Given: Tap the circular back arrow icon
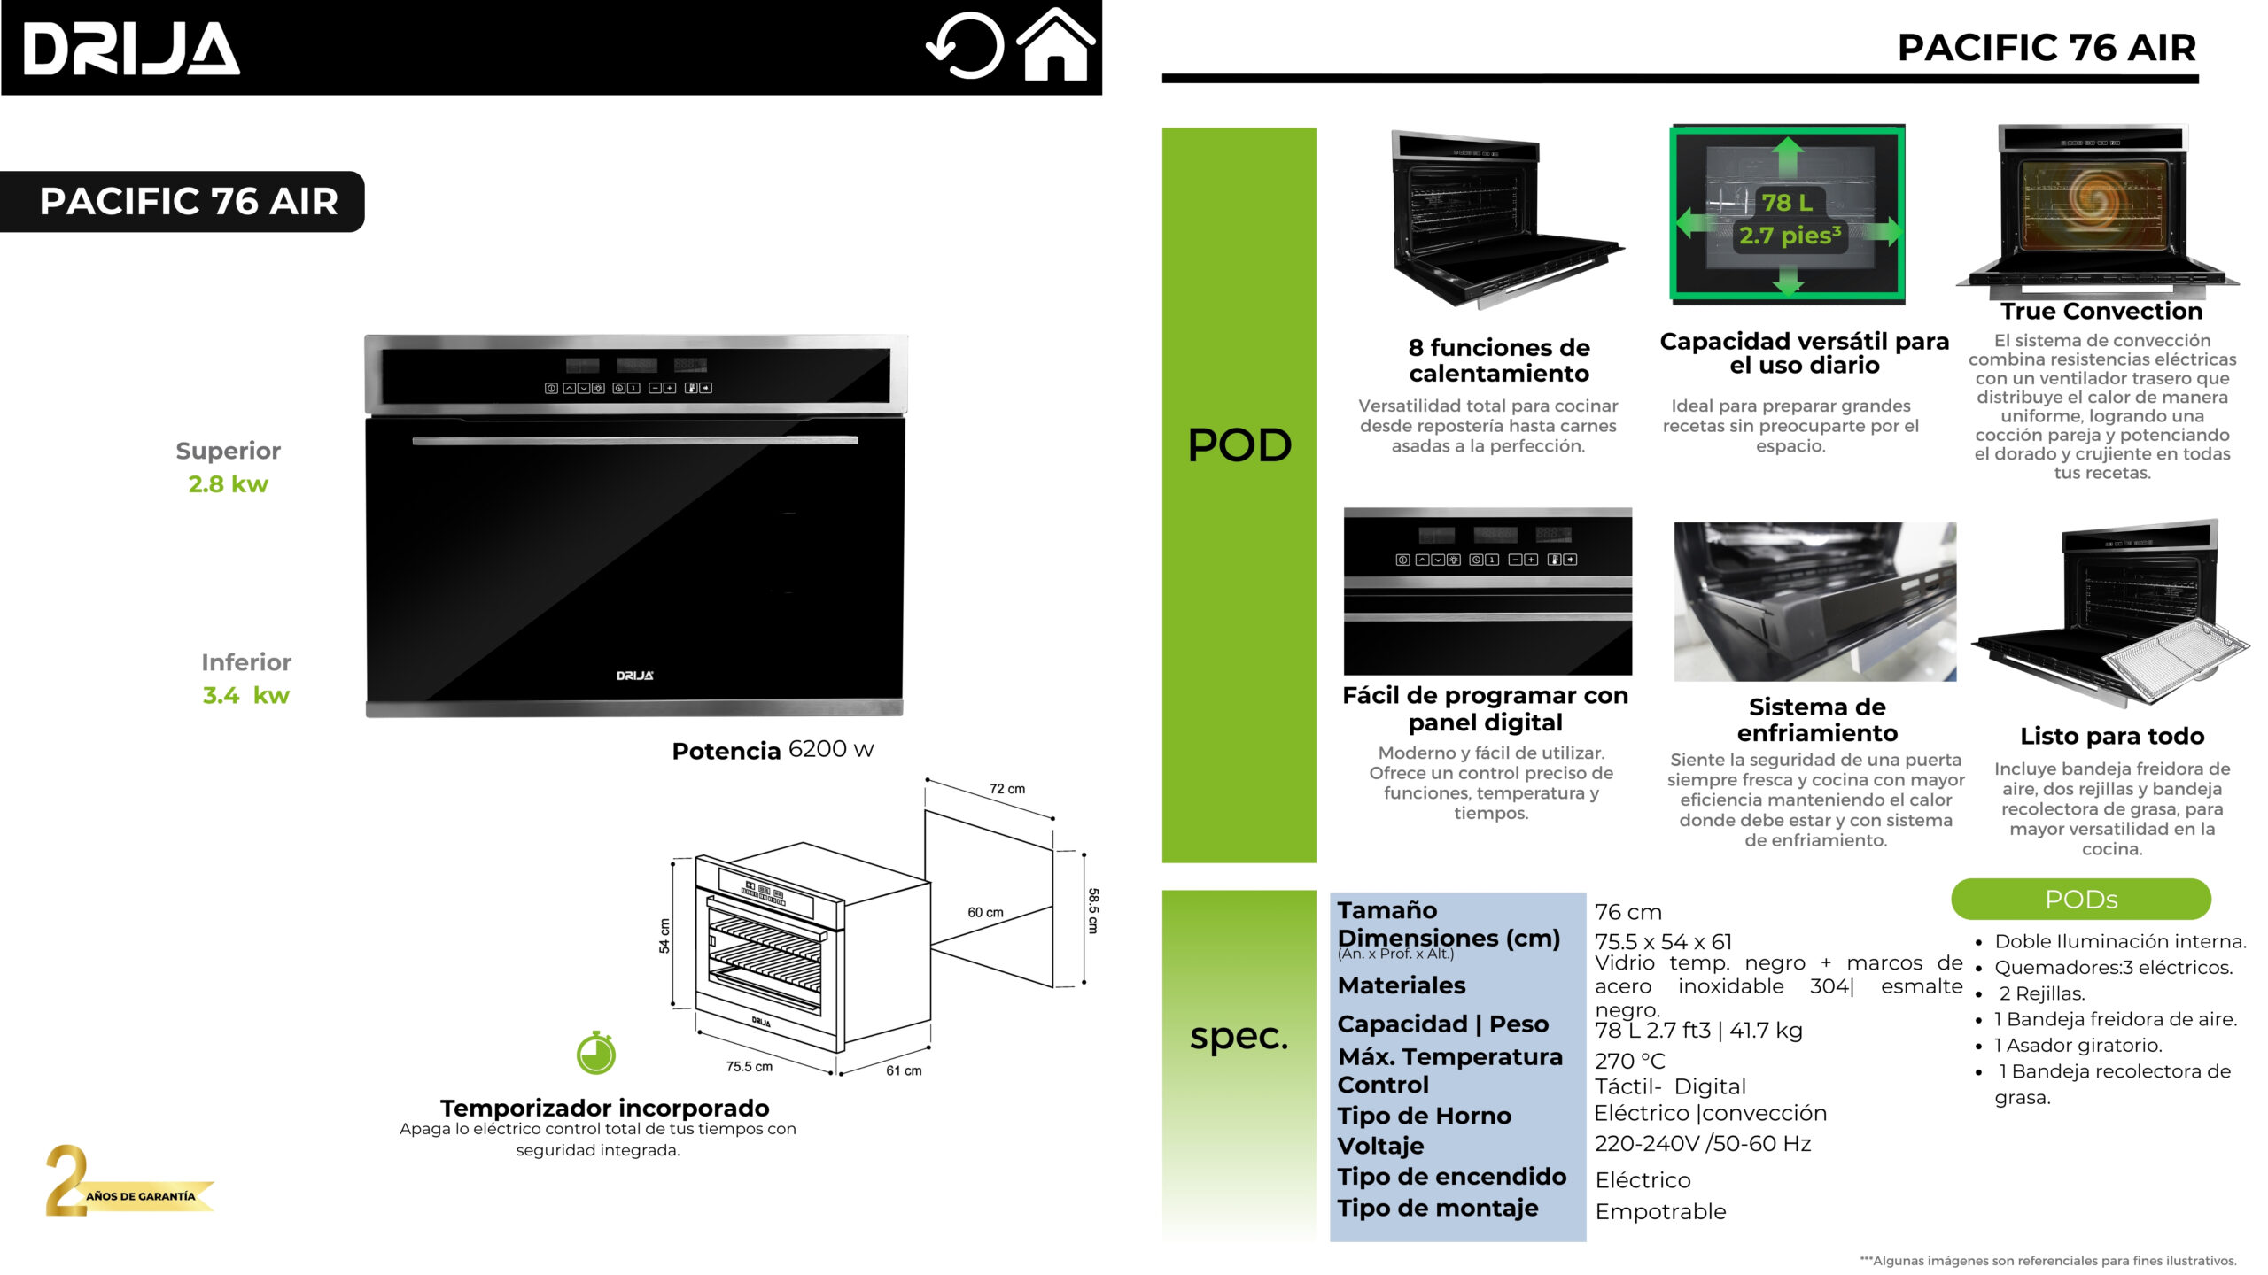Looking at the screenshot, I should point(966,46).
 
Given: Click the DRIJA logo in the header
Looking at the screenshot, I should point(131,49).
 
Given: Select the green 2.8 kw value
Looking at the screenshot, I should point(228,484).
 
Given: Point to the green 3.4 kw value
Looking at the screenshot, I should point(245,696).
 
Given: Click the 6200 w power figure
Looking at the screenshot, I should point(830,749).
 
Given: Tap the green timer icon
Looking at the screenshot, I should point(596,1054).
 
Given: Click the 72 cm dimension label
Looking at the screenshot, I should point(1007,789).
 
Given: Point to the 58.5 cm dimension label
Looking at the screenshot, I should point(1093,910).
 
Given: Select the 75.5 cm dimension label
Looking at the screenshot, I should point(749,1067).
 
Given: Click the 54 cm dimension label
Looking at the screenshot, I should point(664,935).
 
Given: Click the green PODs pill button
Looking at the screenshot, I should point(2080,900).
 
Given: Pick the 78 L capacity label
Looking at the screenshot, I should point(1786,203).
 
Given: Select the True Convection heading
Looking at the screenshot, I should point(2101,312).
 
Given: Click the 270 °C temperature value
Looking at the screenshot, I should point(1629,1061).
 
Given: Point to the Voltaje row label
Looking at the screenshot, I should point(1380,1146).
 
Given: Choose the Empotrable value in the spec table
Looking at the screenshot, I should point(1660,1211).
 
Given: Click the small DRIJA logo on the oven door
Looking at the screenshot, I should point(635,676).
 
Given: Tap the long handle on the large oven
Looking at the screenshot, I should point(635,440).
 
